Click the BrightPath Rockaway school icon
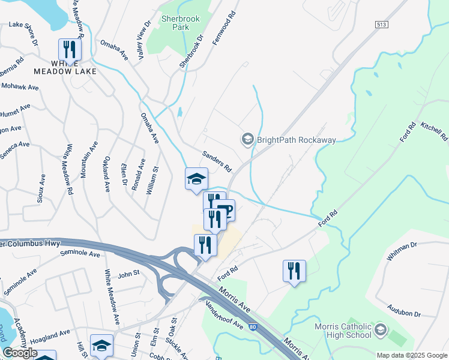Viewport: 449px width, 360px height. [247, 140]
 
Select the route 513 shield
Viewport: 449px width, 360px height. [381, 24]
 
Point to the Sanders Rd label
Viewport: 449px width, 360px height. [217, 161]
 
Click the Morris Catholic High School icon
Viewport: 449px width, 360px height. [380, 330]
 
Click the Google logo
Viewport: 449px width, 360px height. [20, 353]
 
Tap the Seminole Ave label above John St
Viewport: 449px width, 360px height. [80, 254]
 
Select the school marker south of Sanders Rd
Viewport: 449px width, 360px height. [196, 179]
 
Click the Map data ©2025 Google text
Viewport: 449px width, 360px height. [412, 355]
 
